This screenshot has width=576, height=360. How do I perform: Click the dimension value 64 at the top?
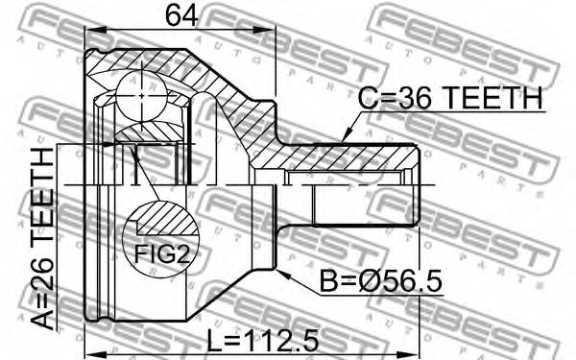181,15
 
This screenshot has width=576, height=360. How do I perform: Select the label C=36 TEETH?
449,98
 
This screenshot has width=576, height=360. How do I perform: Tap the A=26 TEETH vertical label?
42,238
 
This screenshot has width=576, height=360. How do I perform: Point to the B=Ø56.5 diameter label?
381,280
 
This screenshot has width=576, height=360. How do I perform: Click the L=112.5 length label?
263,340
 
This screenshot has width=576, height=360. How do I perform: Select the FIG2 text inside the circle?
161,253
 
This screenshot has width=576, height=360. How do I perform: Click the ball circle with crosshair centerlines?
141,96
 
